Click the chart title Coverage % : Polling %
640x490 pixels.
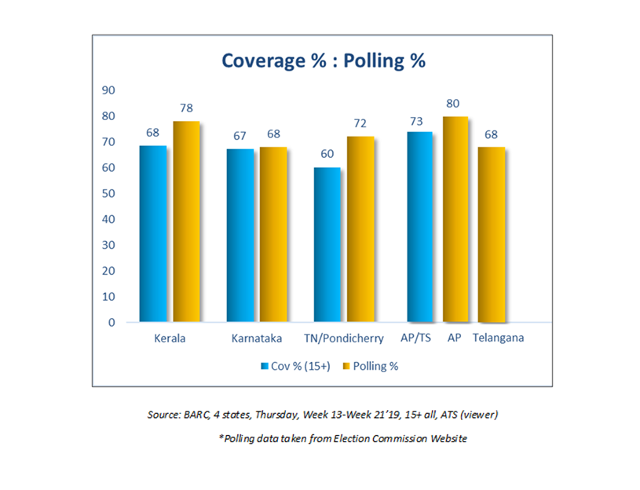click(x=323, y=60)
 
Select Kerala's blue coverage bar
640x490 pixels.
click(x=152, y=233)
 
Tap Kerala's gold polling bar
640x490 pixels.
click(x=186, y=221)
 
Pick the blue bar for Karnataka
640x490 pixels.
click(x=240, y=235)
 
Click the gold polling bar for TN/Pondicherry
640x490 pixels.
click(x=360, y=229)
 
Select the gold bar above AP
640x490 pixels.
click(x=455, y=219)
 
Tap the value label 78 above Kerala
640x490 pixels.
click(x=186, y=108)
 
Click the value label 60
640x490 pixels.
click(x=327, y=154)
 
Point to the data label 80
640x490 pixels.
click(x=454, y=103)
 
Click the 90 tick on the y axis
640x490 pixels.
click(x=108, y=90)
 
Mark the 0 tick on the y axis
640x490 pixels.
click(x=112, y=323)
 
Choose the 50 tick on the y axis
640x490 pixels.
click(x=108, y=193)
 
